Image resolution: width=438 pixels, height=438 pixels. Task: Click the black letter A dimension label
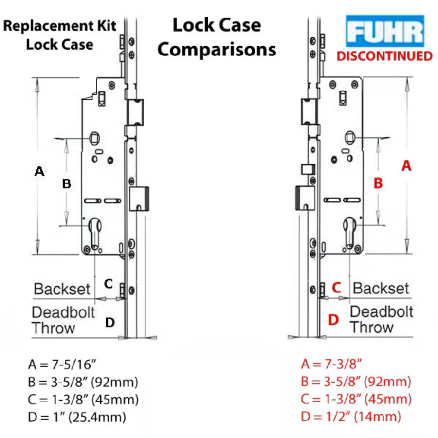click(x=40, y=171)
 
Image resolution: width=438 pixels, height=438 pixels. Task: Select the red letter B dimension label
click(x=378, y=183)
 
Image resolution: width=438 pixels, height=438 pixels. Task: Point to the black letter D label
click(x=110, y=322)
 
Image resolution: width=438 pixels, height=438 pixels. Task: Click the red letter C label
click(x=336, y=288)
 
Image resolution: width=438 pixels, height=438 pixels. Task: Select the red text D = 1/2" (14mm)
click(x=351, y=417)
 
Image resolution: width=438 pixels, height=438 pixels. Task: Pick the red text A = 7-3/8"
click(x=330, y=364)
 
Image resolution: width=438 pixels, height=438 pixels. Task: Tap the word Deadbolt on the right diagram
click(x=382, y=311)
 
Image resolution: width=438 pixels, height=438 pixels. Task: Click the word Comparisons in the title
click(x=217, y=49)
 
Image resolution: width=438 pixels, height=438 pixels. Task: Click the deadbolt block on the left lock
click(x=139, y=199)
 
